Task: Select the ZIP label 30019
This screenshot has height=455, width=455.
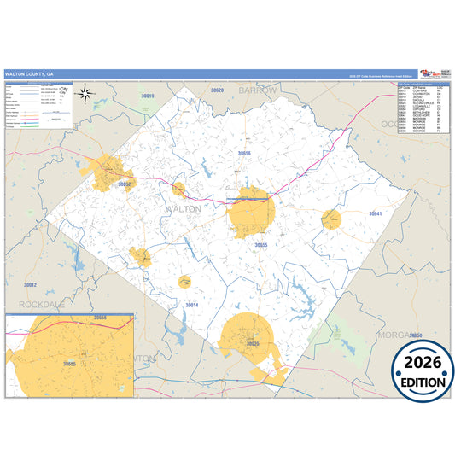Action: point(147,97)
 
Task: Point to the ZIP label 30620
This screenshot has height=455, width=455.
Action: point(217,90)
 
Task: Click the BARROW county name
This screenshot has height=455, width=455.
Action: point(258,90)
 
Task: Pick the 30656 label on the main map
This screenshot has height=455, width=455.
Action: point(245,153)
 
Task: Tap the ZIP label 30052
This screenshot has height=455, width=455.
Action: point(125,184)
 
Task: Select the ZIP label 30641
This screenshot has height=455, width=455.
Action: point(374,213)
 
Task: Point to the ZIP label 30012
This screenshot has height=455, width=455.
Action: point(30,284)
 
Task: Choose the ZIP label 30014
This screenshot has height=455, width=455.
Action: point(191,305)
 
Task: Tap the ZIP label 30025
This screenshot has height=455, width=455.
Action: point(252,343)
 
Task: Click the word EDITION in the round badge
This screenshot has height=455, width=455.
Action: point(423,383)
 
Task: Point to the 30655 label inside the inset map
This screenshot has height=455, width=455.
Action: point(70,364)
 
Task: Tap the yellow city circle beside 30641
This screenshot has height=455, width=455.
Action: point(331,220)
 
